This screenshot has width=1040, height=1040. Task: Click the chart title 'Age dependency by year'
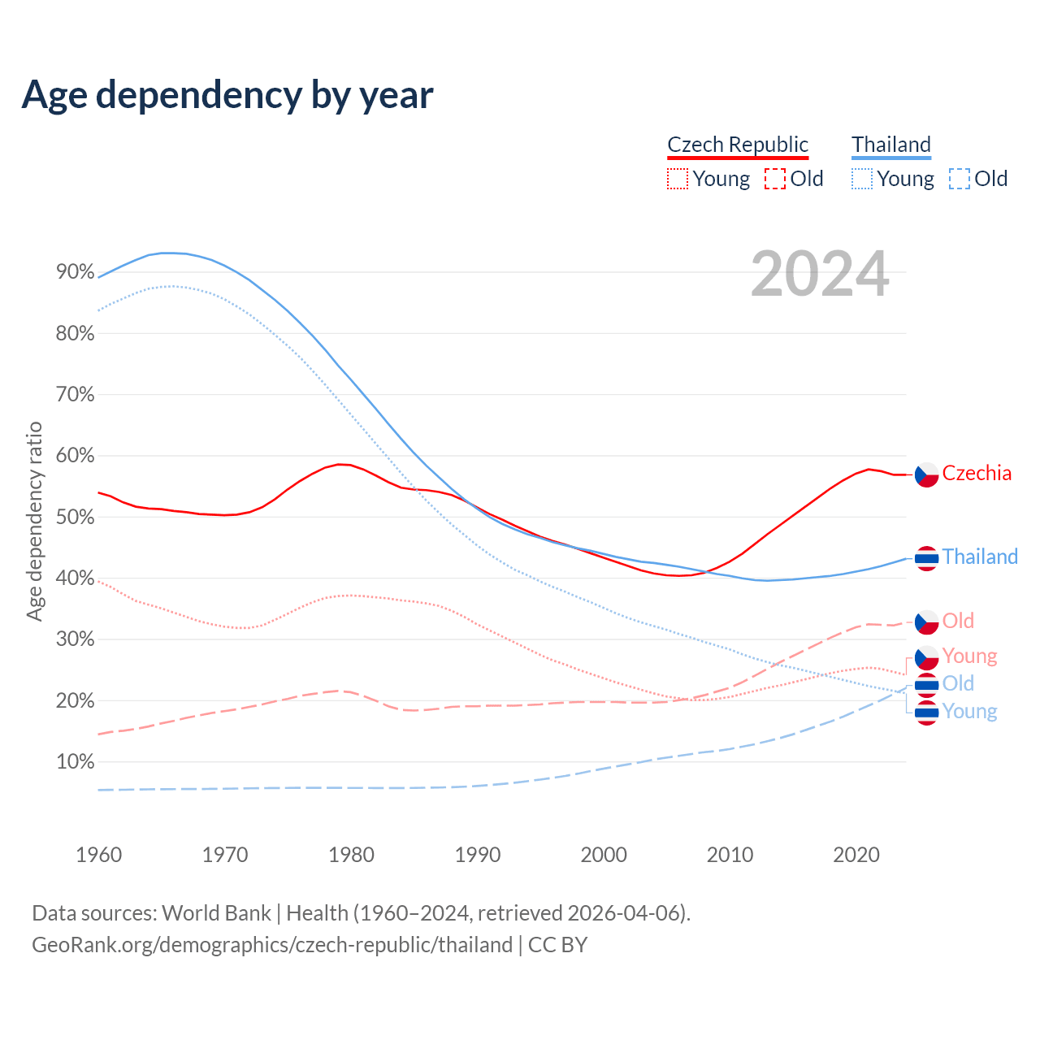click(x=227, y=95)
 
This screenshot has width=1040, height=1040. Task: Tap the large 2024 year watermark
click(x=820, y=274)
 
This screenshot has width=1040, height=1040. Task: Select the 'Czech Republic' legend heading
click(x=738, y=145)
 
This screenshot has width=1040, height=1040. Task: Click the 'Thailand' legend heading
click(x=891, y=145)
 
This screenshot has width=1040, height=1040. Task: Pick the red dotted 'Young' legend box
click(x=677, y=179)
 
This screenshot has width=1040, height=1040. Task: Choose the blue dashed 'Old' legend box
click(x=960, y=179)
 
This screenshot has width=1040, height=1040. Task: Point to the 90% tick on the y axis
click(x=76, y=272)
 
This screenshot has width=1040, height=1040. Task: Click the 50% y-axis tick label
click(x=76, y=517)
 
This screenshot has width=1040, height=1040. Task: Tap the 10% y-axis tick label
click(x=76, y=762)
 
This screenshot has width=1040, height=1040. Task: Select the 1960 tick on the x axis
click(x=98, y=855)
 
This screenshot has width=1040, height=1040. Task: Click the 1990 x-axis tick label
click(x=478, y=855)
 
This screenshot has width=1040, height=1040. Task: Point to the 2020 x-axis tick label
click(x=856, y=855)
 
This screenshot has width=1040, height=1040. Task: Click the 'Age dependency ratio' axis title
click(x=34, y=521)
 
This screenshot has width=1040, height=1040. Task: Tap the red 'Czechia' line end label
click(x=977, y=474)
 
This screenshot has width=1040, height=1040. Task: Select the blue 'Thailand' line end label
click(x=980, y=557)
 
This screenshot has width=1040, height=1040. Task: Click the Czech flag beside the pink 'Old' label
click(x=927, y=622)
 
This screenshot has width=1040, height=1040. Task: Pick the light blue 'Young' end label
click(x=969, y=712)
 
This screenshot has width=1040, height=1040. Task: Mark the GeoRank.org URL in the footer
click(x=272, y=945)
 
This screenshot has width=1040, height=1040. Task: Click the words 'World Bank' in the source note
click(x=216, y=913)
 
